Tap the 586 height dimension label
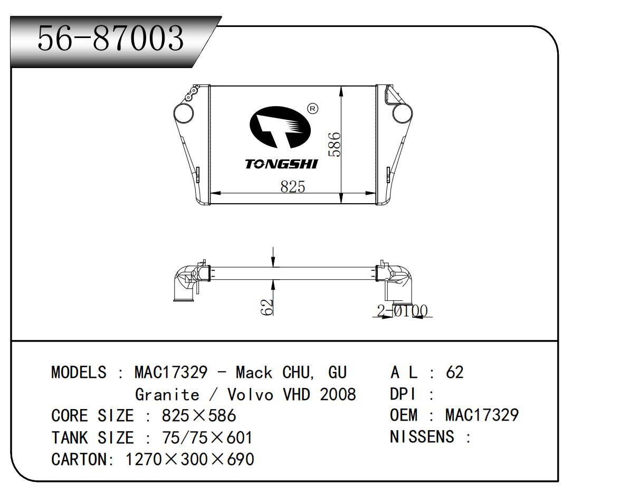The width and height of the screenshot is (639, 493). tap(335, 144)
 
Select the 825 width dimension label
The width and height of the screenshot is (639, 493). tap(293, 186)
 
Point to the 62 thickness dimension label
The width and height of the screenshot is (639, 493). tap(267, 307)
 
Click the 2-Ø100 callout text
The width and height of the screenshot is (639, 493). tap(402, 311)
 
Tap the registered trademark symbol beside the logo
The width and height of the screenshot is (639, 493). tap(312, 109)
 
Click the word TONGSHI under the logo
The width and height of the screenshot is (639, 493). tap(281, 164)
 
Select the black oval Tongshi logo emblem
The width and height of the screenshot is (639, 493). tap(280, 127)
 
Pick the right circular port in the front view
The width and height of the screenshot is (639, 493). tap(402, 113)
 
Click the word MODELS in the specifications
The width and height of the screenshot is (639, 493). tap(79, 372)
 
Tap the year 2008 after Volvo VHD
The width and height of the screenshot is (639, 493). tap(338, 394)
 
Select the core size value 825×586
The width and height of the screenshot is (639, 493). tap(199, 415)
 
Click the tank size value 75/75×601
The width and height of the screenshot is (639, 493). tap(207, 438)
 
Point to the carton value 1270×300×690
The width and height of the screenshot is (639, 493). tap(189, 459)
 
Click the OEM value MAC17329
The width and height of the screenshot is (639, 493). tap(482, 415)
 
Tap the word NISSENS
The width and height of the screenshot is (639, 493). tap(422, 437)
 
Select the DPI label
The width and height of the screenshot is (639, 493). tap(403, 394)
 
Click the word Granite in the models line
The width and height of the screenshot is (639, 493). tap(167, 394)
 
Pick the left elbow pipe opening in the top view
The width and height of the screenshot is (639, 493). tap(184, 299)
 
